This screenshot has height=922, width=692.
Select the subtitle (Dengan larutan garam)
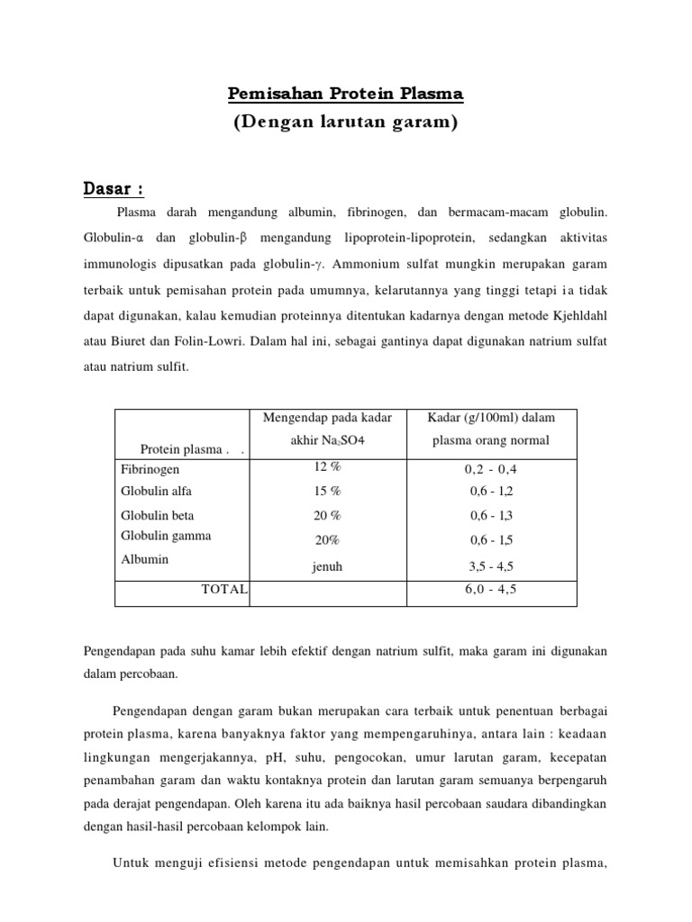click(346, 123)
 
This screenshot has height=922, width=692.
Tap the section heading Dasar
click(113, 189)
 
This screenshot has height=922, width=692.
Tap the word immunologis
click(121, 266)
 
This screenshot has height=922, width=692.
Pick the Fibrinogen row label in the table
click(150, 469)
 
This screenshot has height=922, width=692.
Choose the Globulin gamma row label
click(166, 536)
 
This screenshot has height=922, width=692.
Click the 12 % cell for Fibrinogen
click(327, 467)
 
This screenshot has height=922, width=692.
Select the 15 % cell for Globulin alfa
click(327, 492)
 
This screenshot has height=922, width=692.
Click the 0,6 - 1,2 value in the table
click(492, 492)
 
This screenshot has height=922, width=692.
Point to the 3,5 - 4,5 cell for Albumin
click(492, 567)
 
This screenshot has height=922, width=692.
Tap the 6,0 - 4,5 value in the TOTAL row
click(492, 589)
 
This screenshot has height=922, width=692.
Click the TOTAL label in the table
click(225, 589)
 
